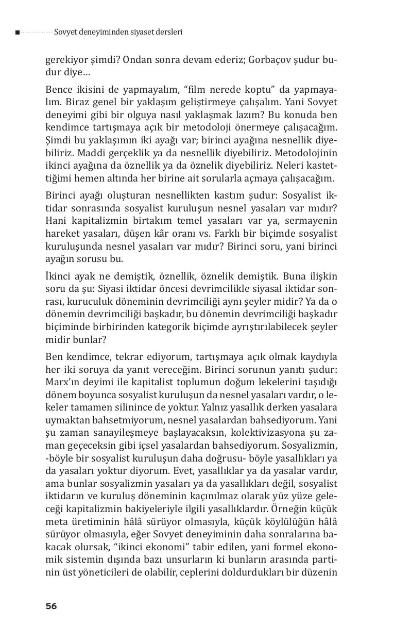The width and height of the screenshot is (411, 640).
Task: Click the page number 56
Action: [51, 606]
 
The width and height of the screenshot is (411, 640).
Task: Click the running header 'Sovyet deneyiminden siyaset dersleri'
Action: [118, 32]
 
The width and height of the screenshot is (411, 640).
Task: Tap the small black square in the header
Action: [18, 32]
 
